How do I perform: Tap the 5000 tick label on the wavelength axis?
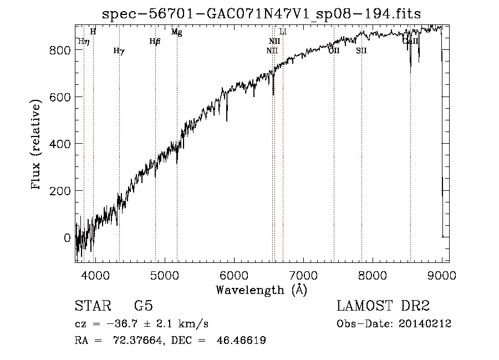coord(164,275)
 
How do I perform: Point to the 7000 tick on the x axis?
coord(303,275)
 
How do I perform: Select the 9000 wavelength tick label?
coord(441,275)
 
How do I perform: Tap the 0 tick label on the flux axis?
coord(68,238)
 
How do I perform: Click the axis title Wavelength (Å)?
coord(261,289)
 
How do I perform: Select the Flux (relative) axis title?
coord(37,145)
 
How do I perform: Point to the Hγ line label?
coord(119,51)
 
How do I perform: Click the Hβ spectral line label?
coord(155,41)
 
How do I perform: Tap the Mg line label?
coord(176,32)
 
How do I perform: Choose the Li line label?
coord(283,32)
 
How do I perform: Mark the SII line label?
coord(361,51)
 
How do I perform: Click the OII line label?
coord(334,51)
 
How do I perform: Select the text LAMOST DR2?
coord(383,306)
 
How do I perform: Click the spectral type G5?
coord(144,306)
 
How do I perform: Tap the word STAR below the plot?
coord(93,306)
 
